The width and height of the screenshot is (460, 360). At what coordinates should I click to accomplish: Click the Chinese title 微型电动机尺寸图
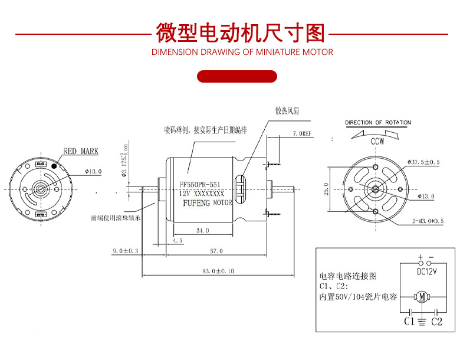tap(241, 34)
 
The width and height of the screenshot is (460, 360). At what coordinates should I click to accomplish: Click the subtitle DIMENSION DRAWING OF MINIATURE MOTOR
tap(242, 52)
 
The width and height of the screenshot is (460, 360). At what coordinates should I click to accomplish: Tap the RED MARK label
tap(81, 152)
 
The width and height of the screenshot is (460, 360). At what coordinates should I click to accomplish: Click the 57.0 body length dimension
tap(216, 251)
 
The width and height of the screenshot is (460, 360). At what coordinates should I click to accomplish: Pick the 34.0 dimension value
tap(202, 231)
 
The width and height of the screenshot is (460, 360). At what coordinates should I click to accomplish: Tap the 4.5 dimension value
tap(178, 241)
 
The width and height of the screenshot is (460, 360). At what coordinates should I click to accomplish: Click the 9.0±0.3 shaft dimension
tap(125, 251)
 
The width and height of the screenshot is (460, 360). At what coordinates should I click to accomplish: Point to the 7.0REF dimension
tap(302, 135)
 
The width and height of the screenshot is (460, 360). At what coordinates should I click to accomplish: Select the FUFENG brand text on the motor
tap(195, 202)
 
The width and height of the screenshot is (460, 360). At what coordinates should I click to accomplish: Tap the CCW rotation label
tap(377, 142)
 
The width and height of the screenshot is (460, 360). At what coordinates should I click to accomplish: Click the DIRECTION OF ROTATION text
tap(377, 123)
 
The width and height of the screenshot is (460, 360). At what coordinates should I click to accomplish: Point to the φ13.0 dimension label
tap(425, 195)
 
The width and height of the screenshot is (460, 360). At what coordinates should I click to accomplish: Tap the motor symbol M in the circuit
tap(421, 296)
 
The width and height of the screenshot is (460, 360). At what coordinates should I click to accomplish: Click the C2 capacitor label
tap(436, 322)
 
